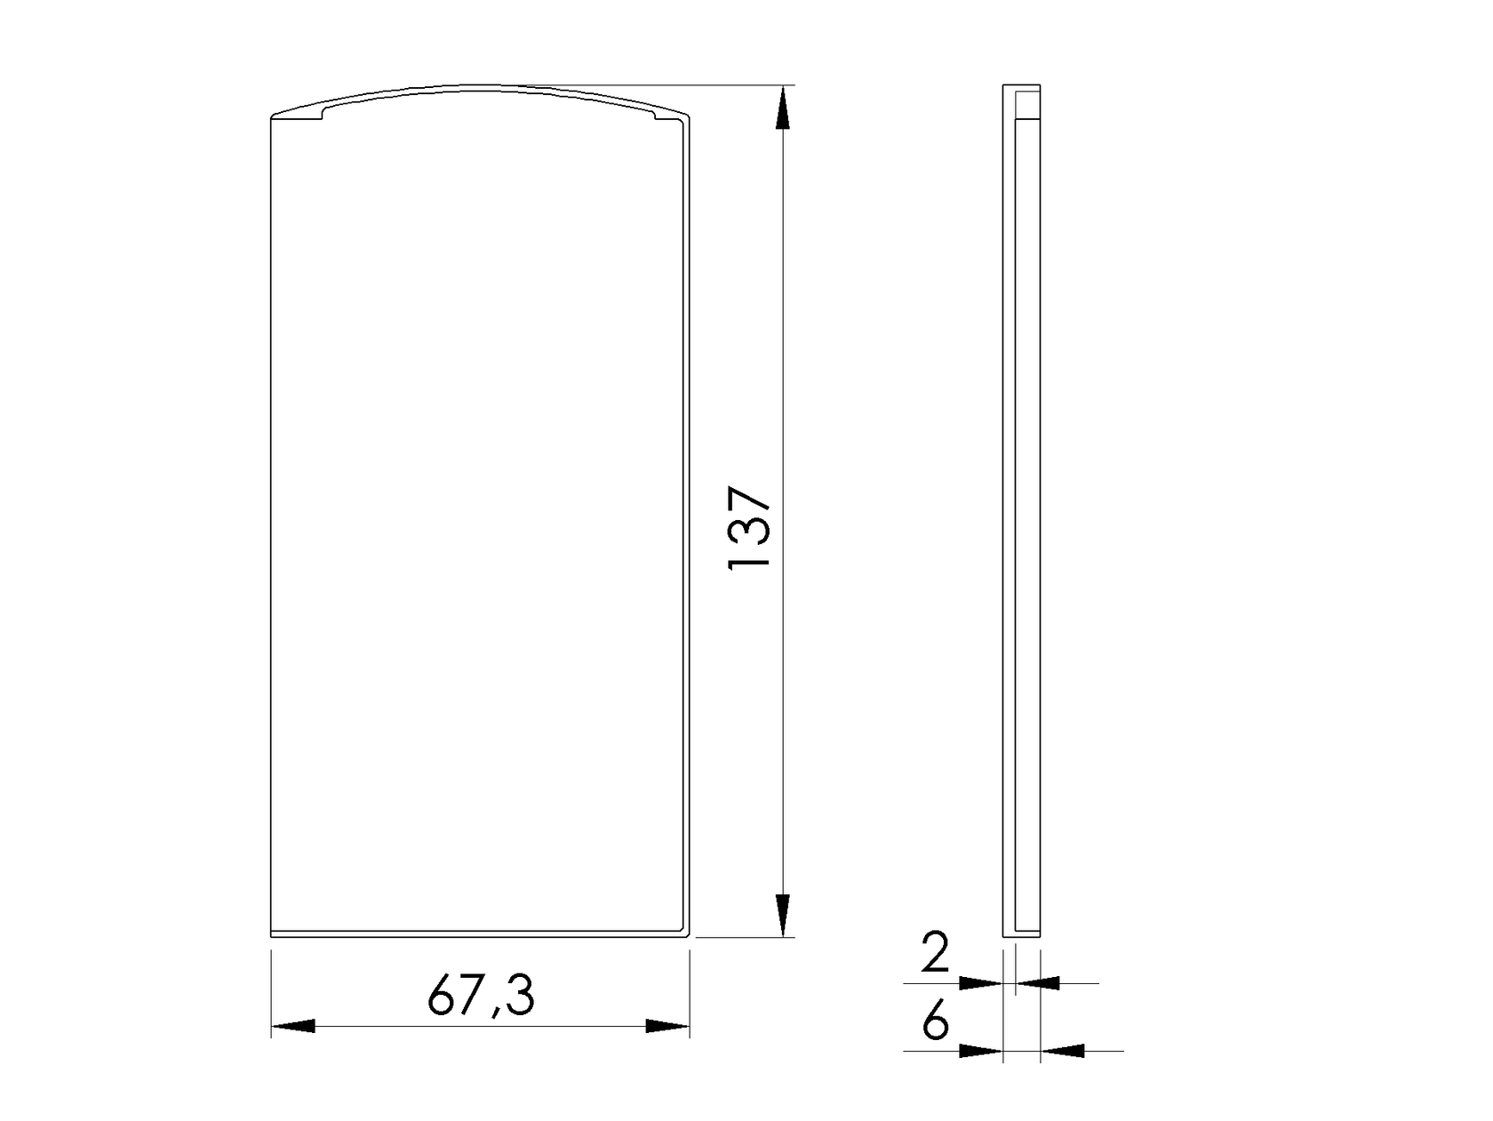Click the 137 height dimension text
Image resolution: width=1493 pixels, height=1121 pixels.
(748, 528)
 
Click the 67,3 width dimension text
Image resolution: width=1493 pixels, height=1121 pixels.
(481, 995)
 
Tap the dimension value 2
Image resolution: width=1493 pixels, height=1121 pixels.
(935, 952)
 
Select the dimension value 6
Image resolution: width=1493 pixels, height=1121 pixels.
(935, 1022)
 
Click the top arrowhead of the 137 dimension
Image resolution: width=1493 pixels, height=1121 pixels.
(782, 107)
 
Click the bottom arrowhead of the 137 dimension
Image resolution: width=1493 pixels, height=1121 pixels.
(782, 916)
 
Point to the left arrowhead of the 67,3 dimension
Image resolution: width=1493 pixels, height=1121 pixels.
(293, 1026)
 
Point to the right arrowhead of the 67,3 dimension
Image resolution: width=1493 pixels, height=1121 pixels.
(667, 1026)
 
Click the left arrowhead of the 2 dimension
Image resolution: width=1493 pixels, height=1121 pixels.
(981, 983)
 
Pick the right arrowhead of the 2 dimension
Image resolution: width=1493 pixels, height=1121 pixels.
(1037, 983)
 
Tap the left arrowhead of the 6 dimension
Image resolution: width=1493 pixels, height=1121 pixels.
(981, 1051)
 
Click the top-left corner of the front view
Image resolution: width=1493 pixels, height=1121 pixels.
(272, 116)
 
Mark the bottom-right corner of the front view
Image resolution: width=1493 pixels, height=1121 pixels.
(689, 935)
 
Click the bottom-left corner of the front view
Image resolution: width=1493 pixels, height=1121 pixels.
(271, 935)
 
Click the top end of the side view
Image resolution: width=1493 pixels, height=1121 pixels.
(1021, 87)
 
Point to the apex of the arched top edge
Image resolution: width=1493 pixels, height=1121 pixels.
(471, 86)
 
